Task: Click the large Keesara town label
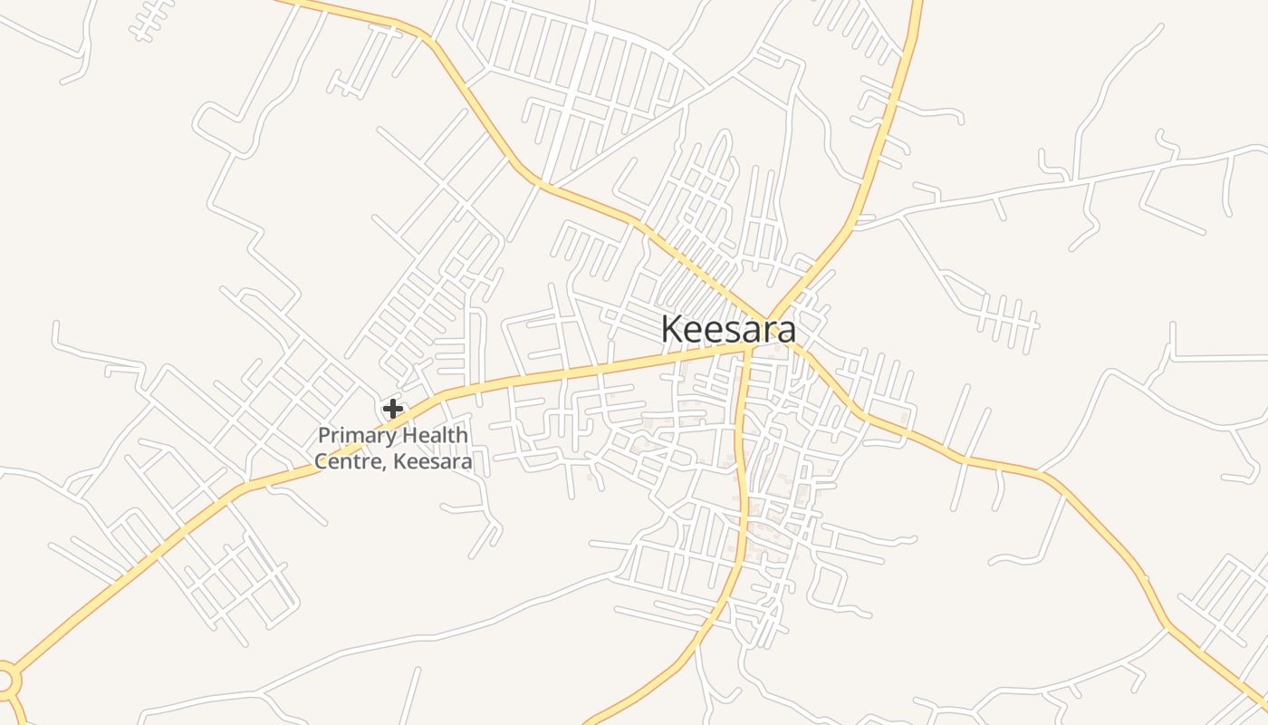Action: [x=728, y=329]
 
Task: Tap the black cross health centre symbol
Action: [x=392, y=409]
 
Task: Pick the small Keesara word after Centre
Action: [x=433, y=461]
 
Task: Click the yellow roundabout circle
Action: [x=5, y=678]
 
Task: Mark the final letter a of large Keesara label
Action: [x=787, y=330]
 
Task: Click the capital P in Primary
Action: [x=323, y=436]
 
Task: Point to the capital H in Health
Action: [x=408, y=435]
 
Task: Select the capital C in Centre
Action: [x=322, y=461]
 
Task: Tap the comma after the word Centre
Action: [x=388, y=466]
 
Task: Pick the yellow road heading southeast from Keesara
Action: [x=996, y=464]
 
